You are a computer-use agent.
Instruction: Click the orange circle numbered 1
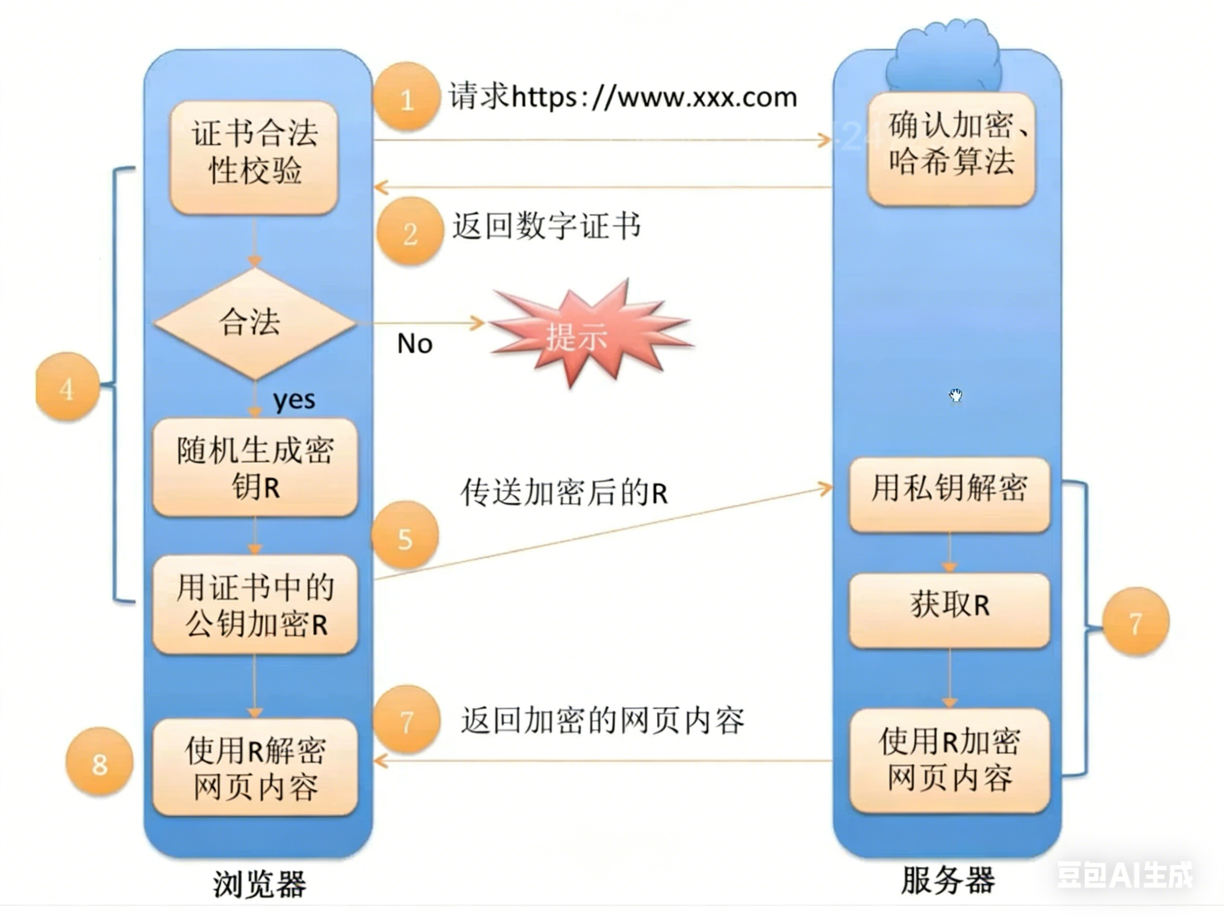[x=407, y=97]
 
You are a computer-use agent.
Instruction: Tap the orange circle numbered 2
[x=410, y=231]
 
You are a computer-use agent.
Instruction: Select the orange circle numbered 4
[x=67, y=387]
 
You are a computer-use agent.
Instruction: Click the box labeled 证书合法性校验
[x=255, y=158]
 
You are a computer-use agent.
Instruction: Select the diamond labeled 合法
[x=255, y=323]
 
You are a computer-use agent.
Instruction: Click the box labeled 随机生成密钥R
[x=255, y=468]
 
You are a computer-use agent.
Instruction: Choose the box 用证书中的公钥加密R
[x=255, y=605]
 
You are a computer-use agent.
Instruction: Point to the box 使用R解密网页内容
[x=255, y=767]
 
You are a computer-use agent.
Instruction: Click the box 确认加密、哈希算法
[x=951, y=148]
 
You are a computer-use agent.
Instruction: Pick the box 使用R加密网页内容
[x=950, y=760]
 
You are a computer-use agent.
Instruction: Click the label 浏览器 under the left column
[x=259, y=884]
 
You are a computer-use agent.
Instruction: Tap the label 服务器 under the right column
[x=948, y=880]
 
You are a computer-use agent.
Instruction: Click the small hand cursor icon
[x=956, y=395]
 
